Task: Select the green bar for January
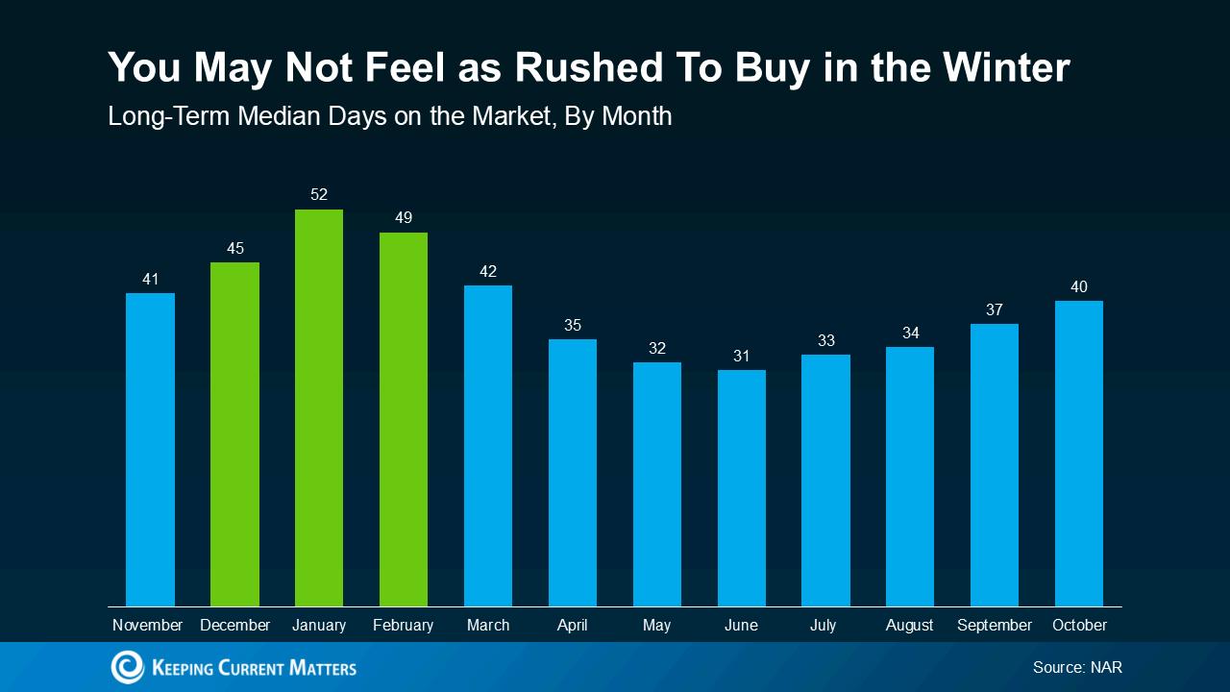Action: click(x=319, y=408)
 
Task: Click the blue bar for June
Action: click(x=742, y=488)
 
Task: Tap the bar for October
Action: click(x=1079, y=454)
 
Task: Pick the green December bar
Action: click(x=234, y=434)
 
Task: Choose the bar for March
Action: click(x=488, y=446)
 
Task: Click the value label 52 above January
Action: click(x=319, y=195)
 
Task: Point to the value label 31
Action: click(x=742, y=356)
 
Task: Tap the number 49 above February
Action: click(x=404, y=218)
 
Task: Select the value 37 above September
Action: click(x=995, y=309)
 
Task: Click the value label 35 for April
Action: click(x=573, y=325)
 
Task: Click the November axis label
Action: click(x=148, y=626)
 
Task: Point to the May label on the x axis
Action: click(x=657, y=626)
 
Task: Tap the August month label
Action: click(x=910, y=626)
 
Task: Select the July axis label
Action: click(x=824, y=626)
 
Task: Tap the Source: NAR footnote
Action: click(x=1077, y=667)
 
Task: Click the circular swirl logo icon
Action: click(x=127, y=667)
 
